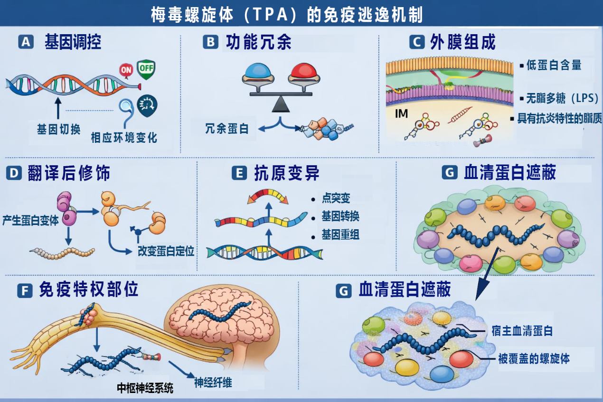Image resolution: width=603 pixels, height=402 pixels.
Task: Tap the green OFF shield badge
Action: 146,69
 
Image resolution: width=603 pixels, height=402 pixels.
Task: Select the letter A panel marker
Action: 26,42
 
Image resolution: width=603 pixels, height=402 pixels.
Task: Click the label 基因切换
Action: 58,129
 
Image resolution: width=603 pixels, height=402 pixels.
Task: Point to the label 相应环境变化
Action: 124,138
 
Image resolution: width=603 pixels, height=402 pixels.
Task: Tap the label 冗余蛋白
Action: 227,128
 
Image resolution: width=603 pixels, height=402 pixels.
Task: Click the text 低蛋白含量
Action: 554,65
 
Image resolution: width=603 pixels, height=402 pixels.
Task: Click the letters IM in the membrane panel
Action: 401,114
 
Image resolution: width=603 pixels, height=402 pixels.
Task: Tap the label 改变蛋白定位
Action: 166,251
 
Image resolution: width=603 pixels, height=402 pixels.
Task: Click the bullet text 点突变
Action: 336,199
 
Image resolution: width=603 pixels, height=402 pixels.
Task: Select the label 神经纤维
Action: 213,382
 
